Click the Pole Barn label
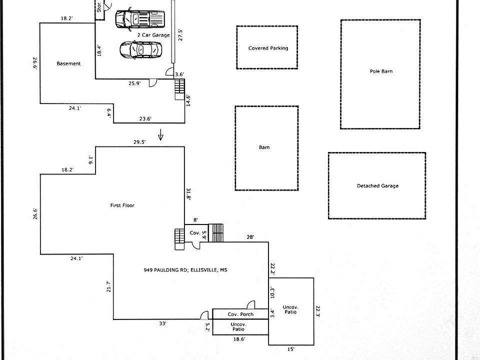click(381, 71)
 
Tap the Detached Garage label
click(378, 186)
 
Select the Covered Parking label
click(268, 48)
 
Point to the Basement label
click(68, 63)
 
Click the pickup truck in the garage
click(140, 19)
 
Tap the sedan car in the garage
click(140, 50)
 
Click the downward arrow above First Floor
click(160, 134)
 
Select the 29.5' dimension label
click(139, 142)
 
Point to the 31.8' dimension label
click(188, 194)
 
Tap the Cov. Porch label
click(240, 314)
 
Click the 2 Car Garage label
click(153, 35)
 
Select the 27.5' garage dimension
click(180, 35)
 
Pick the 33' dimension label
click(163, 323)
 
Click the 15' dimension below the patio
click(291, 349)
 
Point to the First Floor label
click(122, 205)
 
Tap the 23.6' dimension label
click(145, 119)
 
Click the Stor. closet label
click(99, 7)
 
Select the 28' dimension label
click(250, 237)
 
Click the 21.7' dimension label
click(108, 286)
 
